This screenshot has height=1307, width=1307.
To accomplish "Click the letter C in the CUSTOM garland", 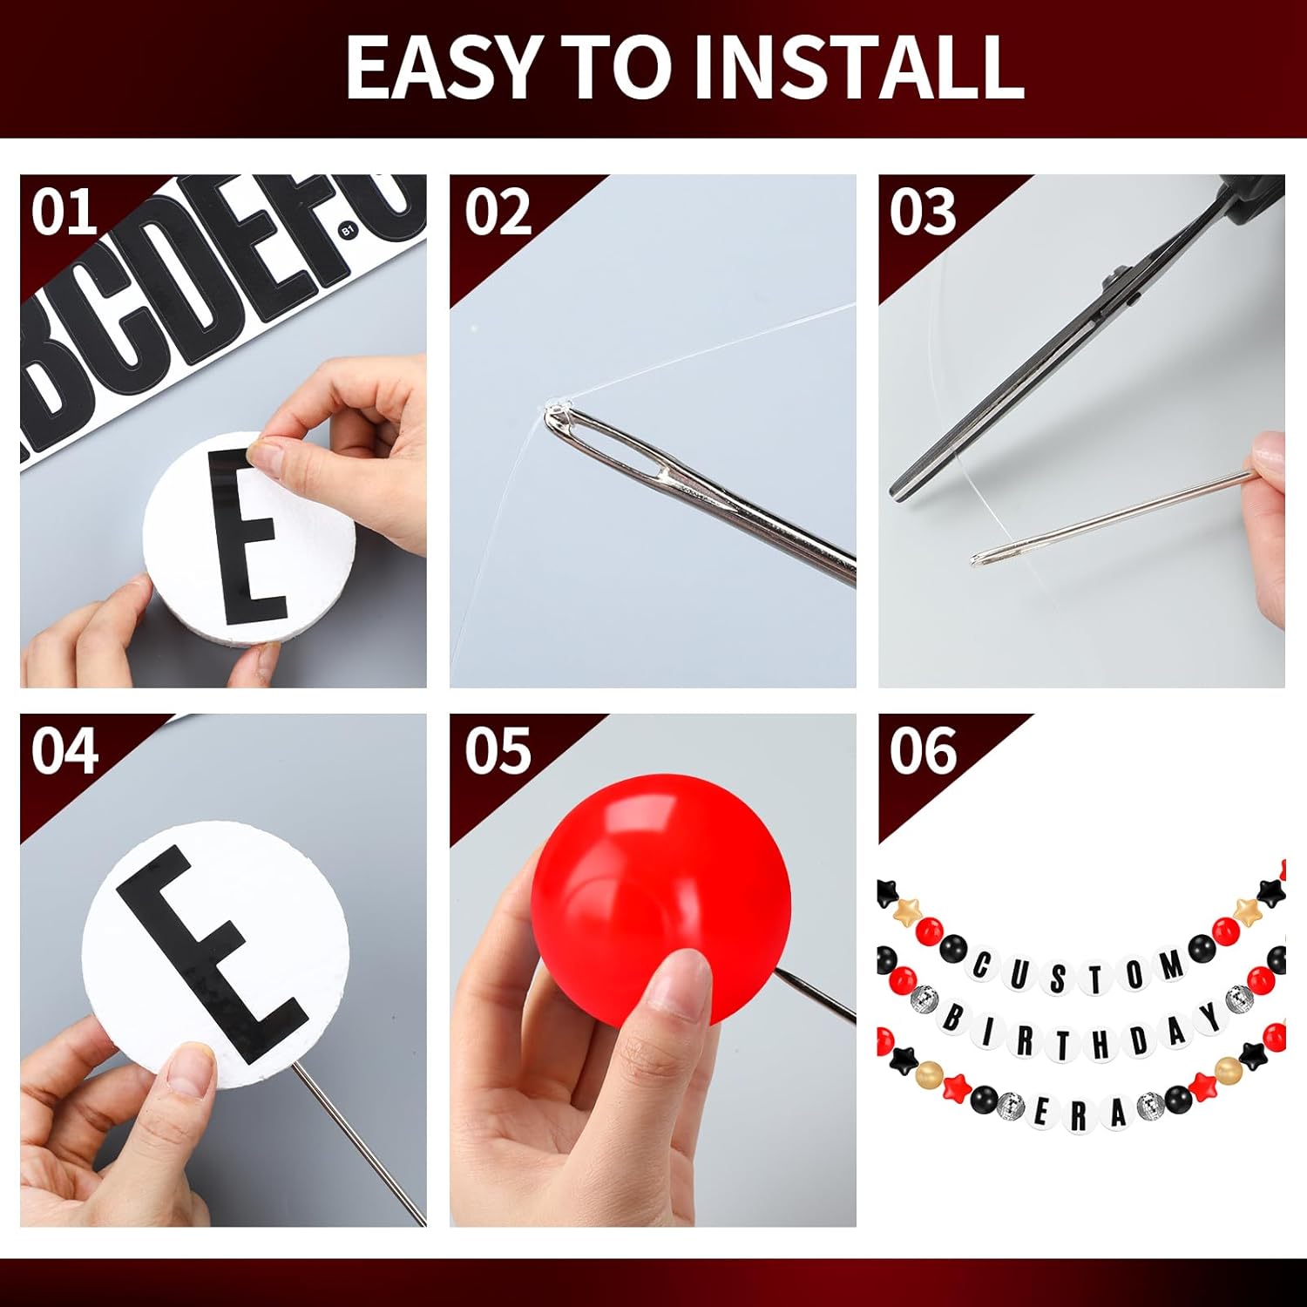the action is tap(983, 965).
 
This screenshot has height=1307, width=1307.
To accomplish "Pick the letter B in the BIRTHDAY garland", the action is tap(954, 1018).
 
